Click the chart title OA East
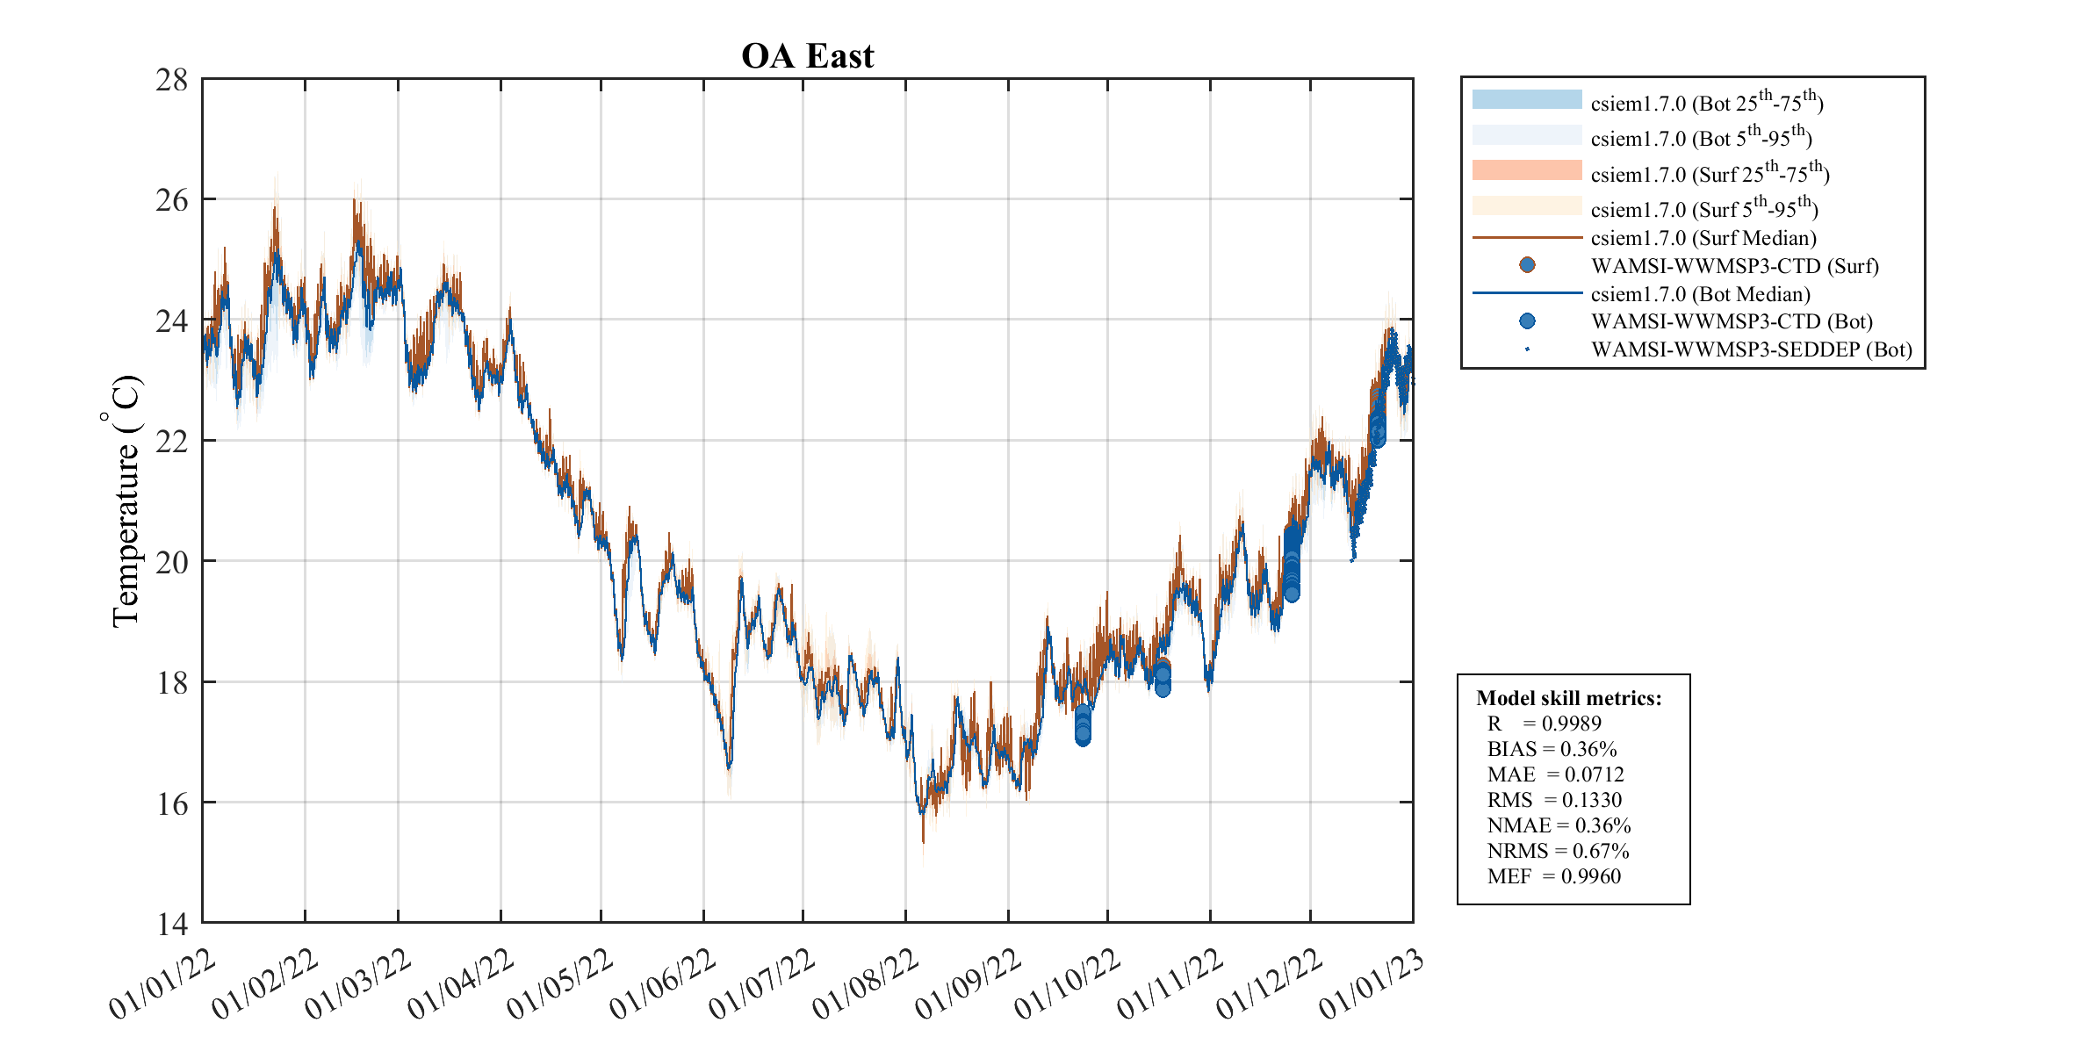pyautogui.click(x=807, y=56)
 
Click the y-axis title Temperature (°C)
pyautogui.click(x=125, y=500)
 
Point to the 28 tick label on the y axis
pyautogui.click(x=172, y=80)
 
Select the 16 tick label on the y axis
pyautogui.click(x=172, y=803)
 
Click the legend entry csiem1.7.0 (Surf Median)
pyautogui.click(x=1703, y=238)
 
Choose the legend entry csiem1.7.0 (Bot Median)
pyautogui.click(x=1700, y=294)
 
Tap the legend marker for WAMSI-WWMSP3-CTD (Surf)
pyautogui.click(x=1527, y=265)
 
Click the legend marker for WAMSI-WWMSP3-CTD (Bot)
pyautogui.click(x=1527, y=321)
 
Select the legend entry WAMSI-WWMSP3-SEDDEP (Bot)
pyautogui.click(x=1751, y=349)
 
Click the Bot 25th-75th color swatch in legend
pyautogui.click(x=1527, y=99)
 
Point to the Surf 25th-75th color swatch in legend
pyautogui.click(x=1527, y=170)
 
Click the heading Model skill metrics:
pyautogui.click(x=1569, y=698)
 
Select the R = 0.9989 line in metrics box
pyautogui.click(x=1544, y=724)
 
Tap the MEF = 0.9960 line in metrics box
pyautogui.click(x=1553, y=876)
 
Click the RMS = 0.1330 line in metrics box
pyautogui.click(x=1554, y=800)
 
